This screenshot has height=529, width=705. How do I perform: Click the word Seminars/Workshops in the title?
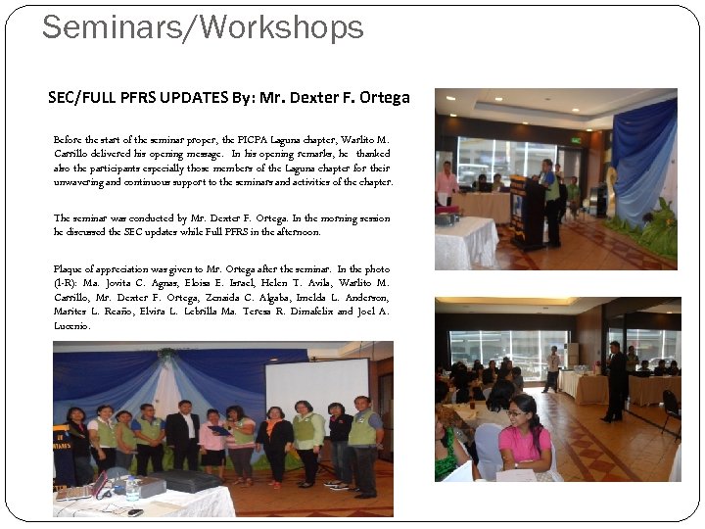click(203, 27)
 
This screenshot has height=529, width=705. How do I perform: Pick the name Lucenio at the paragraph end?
click(72, 325)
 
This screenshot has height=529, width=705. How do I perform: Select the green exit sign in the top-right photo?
click(575, 139)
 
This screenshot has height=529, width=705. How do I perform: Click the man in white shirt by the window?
click(553, 367)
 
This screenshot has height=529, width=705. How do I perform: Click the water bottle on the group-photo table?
click(132, 488)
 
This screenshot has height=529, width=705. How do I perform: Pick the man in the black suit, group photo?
click(182, 441)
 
